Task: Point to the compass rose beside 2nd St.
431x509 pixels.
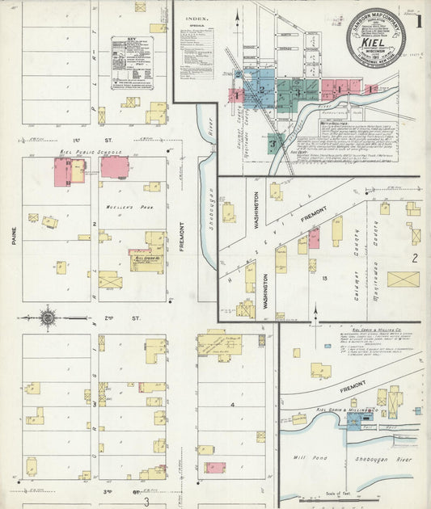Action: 48,318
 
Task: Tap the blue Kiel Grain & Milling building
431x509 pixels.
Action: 354,421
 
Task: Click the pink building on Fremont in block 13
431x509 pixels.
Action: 314,238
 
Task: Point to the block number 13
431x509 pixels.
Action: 323,277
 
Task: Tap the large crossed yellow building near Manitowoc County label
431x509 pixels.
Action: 403,280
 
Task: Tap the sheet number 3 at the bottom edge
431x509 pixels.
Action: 146,503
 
